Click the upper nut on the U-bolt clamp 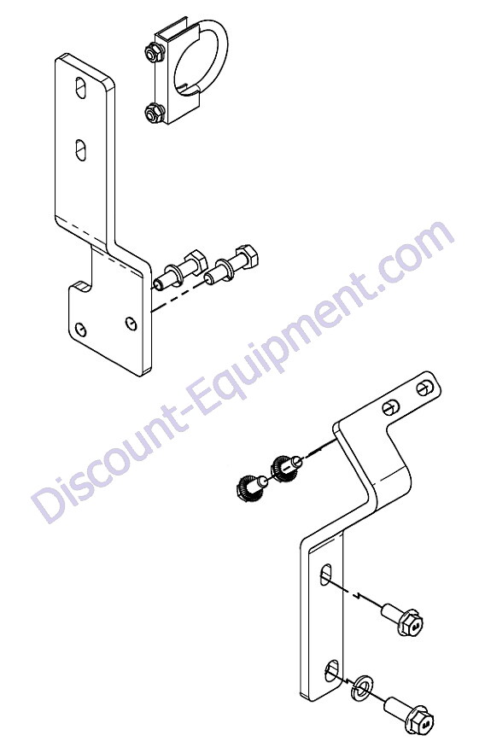pos(154,52)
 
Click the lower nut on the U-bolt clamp pos(155,114)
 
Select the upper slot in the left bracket pos(80,88)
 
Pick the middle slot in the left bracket pos(81,149)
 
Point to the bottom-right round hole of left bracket pos(130,324)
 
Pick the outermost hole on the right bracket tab pos(424,388)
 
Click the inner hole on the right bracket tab pos(390,408)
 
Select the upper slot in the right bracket pos(326,574)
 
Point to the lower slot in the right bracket pos(331,670)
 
